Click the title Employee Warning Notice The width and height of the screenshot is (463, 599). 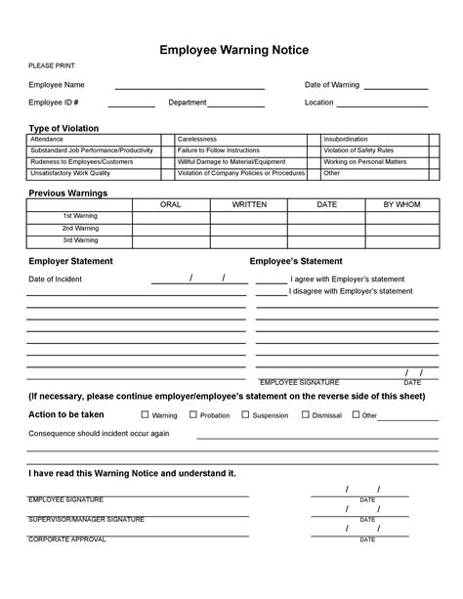(x=231, y=49)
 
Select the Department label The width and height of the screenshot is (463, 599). (x=187, y=103)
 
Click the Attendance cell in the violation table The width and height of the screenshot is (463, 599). (x=49, y=140)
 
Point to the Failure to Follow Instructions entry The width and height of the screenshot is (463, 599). (x=218, y=150)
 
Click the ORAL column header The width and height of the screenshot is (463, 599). (x=171, y=204)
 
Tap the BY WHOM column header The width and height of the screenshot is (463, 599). (x=401, y=204)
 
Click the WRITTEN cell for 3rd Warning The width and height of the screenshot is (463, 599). (x=248, y=239)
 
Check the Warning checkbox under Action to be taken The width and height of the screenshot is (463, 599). (x=145, y=414)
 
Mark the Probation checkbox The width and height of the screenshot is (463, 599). (x=193, y=414)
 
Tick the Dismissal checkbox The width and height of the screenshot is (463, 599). (x=306, y=414)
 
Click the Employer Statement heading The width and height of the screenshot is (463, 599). (x=70, y=261)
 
